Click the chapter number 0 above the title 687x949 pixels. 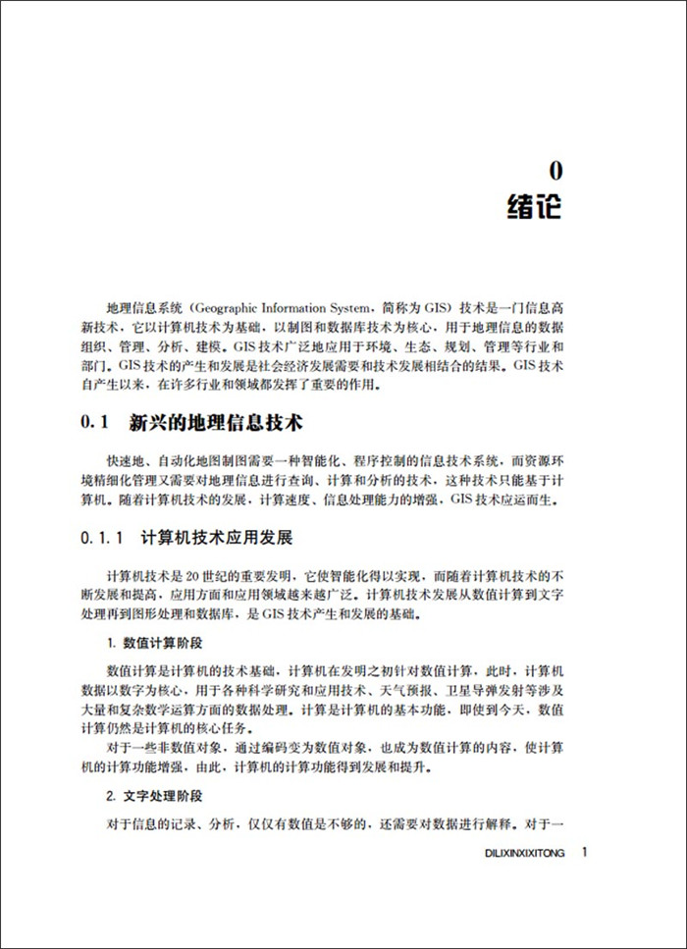(x=555, y=170)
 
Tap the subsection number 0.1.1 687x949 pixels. (x=101, y=540)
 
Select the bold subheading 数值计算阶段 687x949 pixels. (x=162, y=643)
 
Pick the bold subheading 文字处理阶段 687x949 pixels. (x=162, y=796)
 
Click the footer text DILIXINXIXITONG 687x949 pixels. (x=526, y=854)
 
